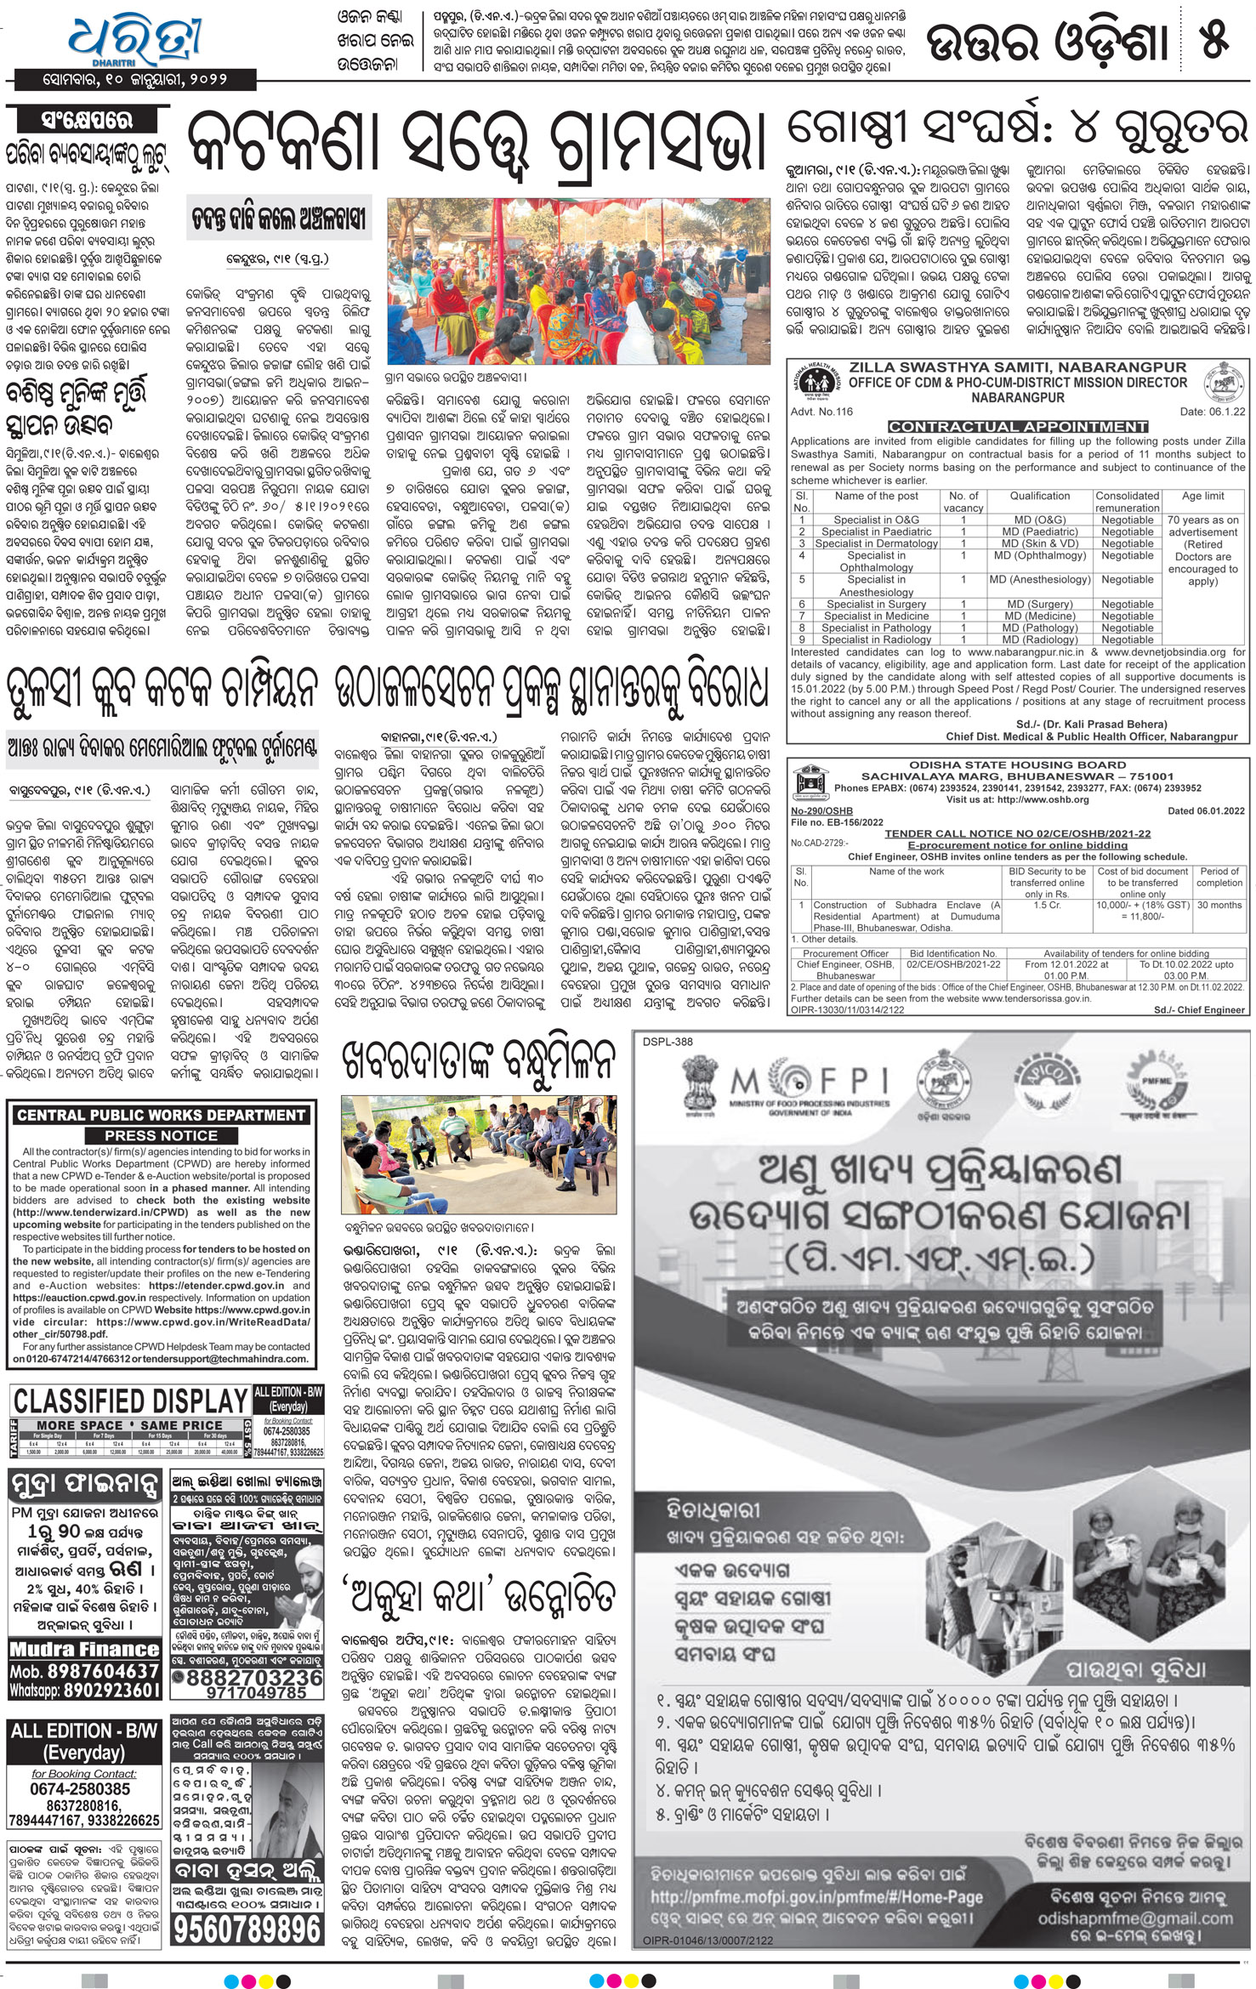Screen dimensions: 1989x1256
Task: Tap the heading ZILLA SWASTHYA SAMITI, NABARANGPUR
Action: click(1017, 367)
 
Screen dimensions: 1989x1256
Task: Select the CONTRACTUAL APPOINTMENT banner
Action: click(1018, 426)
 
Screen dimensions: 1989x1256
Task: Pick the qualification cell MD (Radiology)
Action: click(1040, 639)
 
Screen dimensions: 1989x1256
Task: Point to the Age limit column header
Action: click(1202, 496)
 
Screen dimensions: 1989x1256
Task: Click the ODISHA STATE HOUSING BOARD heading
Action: click(1017, 764)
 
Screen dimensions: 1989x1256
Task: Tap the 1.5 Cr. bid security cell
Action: click(1047, 905)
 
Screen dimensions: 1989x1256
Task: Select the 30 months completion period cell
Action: click(1219, 905)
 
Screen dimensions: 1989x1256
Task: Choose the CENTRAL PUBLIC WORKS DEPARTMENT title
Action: click(161, 1115)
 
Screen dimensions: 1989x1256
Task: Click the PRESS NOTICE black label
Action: click(161, 1135)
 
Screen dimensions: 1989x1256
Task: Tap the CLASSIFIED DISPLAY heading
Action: click(130, 1401)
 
